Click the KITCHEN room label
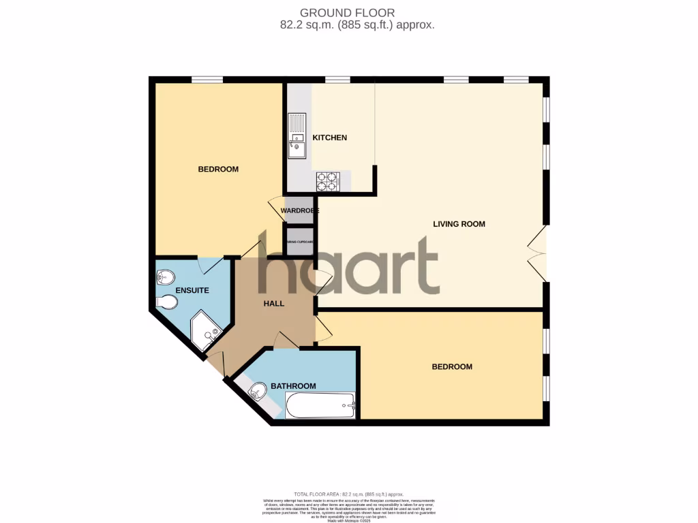[329, 138]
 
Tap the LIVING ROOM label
[459, 223]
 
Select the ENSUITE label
[192, 290]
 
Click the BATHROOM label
[293, 386]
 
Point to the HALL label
[273, 304]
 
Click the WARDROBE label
[300, 210]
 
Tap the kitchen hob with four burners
[327, 181]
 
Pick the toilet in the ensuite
[165, 302]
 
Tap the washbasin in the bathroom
[258, 392]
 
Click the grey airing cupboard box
[300, 242]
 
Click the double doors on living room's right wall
[538, 253]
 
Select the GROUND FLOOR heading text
[348, 12]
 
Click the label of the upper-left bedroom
[218, 169]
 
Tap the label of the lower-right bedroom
[452, 367]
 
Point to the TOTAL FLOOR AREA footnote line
[348, 494]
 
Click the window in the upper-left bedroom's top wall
[207, 80]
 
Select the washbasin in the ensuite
[164, 276]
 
